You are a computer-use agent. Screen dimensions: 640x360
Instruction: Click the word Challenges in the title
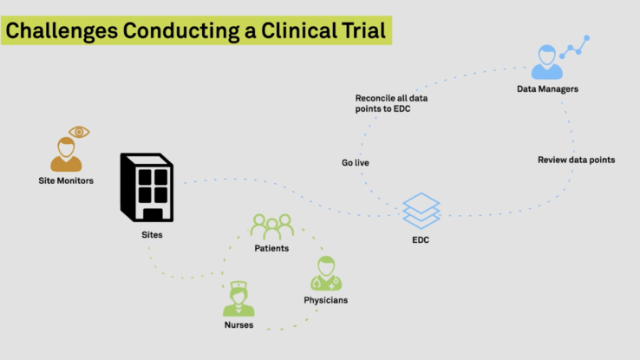click(x=62, y=31)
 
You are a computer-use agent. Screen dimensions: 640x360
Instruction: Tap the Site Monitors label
click(x=66, y=180)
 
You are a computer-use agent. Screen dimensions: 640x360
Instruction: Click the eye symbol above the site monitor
click(x=79, y=132)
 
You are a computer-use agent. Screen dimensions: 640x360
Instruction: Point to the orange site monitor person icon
click(x=66, y=154)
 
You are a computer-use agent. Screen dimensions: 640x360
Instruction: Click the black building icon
click(x=147, y=187)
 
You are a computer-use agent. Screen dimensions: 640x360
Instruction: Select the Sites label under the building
click(x=152, y=235)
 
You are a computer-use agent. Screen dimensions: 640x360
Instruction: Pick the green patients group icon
click(x=271, y=226)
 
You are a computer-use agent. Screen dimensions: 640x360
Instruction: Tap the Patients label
click(x=271, y=248)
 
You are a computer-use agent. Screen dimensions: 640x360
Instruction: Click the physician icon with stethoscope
click(x=326, y=273)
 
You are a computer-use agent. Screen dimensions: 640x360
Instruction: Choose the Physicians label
click(x=326, y=300)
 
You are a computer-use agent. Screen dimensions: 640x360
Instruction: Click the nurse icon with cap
click(x=238, y=298)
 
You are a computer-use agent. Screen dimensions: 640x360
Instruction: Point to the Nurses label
click(x=238, y=325)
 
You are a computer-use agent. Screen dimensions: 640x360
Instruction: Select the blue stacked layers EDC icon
click(x=421, y=211)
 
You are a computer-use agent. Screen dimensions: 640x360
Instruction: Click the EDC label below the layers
click(x=421, y=239)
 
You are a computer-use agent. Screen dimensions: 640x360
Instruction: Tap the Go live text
click(x=355, y=162)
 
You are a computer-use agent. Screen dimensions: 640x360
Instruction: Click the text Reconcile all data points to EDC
click(x=391, y=103)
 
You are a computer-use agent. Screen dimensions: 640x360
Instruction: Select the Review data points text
click(x=576, y=160)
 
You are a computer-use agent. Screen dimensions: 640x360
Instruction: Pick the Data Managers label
click(x=547, y=89)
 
